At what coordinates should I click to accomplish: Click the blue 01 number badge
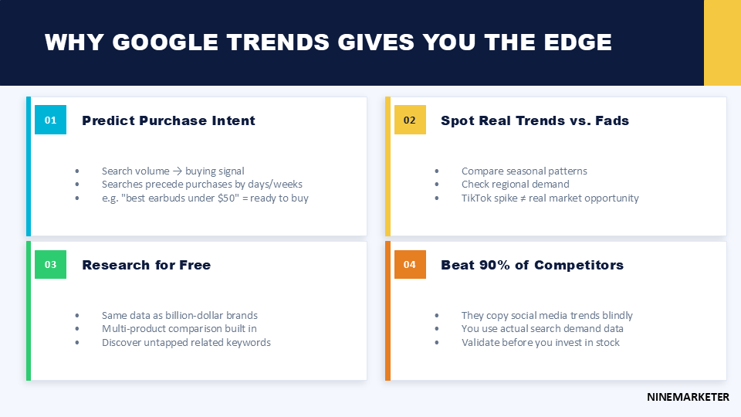click(50, 120)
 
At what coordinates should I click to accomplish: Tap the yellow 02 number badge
click(410, 120)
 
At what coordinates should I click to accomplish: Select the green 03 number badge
click(50, 264)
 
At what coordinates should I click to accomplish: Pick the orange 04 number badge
click(410, 264)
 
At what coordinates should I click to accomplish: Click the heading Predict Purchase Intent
click(168, 120)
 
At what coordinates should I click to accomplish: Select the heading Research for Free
click(146, 265)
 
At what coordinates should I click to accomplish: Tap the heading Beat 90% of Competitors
click(532, 265)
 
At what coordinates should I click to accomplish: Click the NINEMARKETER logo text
click(688, 397)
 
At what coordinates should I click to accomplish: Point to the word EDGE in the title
click(576, 42)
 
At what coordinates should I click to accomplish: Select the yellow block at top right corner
click(722, 42)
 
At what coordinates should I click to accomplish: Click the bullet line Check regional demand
click(515, 185)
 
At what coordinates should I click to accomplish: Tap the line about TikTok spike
click(550, 198)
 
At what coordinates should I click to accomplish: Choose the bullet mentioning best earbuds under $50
click(205, 198)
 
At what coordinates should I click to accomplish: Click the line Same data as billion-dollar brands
click(179, 315)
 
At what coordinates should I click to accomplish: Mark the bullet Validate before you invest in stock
click(540, 342)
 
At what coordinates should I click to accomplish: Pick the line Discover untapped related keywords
click(186, 342)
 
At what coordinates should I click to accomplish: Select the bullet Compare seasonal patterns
click(524, 171)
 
